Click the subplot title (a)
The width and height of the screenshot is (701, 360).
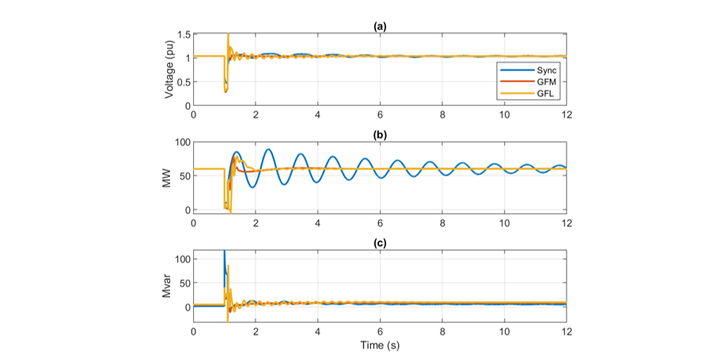380,26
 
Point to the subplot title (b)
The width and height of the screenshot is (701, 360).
380,135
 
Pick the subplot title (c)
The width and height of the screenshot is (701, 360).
380,243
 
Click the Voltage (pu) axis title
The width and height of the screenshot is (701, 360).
169,70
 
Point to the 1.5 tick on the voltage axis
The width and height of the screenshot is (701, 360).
184,35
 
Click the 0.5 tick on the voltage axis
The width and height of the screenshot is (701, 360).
184,82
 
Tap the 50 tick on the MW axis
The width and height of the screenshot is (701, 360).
184,176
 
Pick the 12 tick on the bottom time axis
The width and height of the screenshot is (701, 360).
566,331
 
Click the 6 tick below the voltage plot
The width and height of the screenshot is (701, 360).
380,115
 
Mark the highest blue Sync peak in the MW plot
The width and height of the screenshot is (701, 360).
269,150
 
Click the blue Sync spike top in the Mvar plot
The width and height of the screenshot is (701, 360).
224,252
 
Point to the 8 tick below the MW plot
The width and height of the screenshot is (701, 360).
441,223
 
